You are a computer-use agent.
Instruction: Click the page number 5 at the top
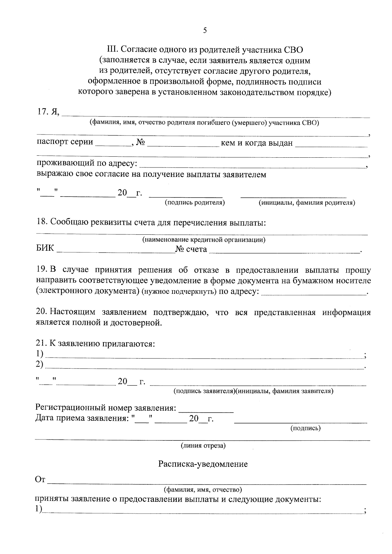click(205, 31)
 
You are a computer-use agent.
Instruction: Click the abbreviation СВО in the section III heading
click(292, 50)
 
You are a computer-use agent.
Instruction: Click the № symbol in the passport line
click(141, 143)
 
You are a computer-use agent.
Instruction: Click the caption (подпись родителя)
click(195, 203)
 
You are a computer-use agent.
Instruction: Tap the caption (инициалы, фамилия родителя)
click(307, 203)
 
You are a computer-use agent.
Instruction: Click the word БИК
click(45, 249)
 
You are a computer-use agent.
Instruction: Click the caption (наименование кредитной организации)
click(204, 240)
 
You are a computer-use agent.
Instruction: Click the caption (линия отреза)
click(204, 446)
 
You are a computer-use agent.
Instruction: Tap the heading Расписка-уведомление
click(203, 464)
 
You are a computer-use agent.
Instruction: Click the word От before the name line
click(40, 480)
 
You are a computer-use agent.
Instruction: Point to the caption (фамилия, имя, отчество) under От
click(203, 490)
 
